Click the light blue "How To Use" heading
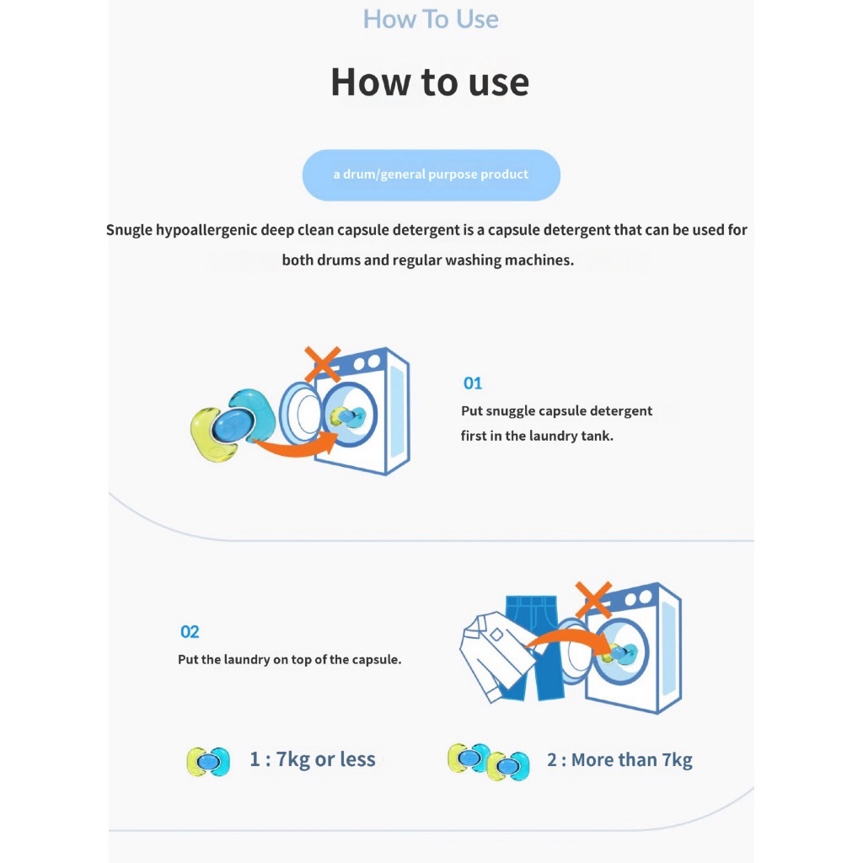[431, 19]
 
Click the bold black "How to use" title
[430, 82]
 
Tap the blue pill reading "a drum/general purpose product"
[431, 175]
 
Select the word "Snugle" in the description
[129, 230]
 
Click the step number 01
[473, 383]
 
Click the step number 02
[190, 631]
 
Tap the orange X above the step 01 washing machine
[323, 364]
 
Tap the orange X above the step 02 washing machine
[593, 600]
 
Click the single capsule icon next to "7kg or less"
[208, 761]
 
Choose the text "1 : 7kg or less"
[313, 759]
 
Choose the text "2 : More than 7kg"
[619, 760]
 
